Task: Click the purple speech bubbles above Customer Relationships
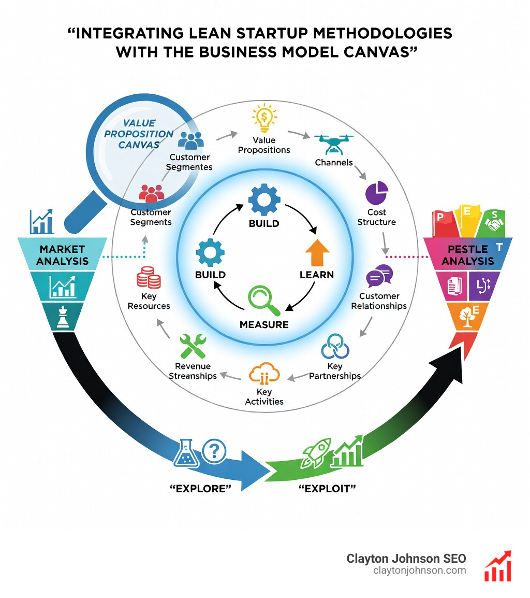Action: (379, 277)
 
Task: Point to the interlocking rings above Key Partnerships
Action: (335, 347)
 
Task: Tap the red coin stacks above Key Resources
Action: (148, 277)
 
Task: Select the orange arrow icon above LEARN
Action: (317, 252)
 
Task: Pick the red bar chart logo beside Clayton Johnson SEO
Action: (497, 566)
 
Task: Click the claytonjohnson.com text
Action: (419, 571)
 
